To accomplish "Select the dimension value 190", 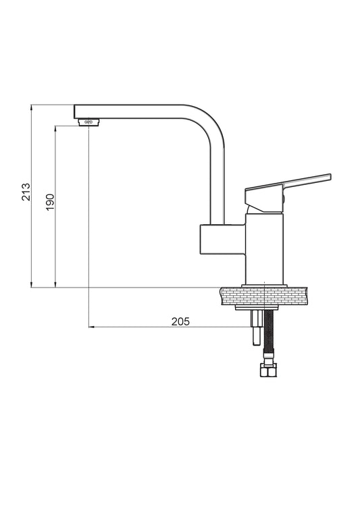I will click(49, 203).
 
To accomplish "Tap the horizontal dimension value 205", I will click(180, 321).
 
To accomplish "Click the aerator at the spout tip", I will click(89, 122).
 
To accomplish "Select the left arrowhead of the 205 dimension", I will click(93, 328).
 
